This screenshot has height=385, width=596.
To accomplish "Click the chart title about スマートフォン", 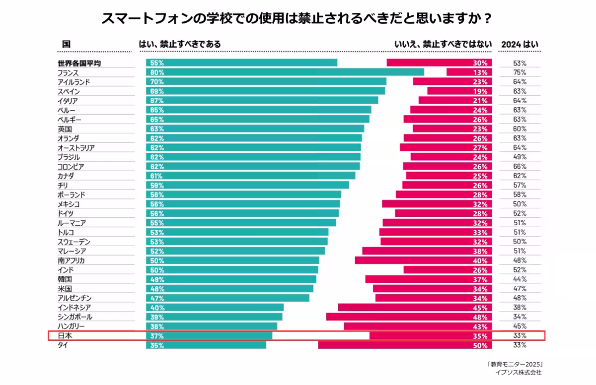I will [x=297, y=19].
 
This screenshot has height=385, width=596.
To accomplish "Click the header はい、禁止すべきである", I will [x=180, y=44].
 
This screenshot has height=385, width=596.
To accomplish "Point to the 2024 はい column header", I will [x=520, y=44].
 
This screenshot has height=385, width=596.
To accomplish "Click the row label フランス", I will [x=68, y=72].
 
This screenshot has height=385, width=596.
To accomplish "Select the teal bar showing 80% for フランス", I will [x=285, y=72].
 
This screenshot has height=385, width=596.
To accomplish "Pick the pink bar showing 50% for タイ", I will [x=405, y=345].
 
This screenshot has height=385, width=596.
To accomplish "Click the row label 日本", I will [x=65, y=336].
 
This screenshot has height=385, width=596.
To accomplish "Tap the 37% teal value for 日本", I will [x=157, y=336].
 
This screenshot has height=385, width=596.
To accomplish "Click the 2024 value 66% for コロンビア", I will [x=520, y=167].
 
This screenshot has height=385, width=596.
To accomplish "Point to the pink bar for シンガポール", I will [x=409, y=317].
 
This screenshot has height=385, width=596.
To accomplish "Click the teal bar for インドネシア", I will [x=215, y=308].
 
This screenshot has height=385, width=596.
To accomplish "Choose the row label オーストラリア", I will [x=76, y=148].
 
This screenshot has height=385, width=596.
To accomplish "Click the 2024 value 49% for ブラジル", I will [x=520, y=157].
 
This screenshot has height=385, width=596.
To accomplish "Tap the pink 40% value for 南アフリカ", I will [x=480, y=260].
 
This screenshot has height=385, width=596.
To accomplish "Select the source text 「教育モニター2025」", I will [x=515, y=364].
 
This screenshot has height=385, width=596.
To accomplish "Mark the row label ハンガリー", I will [x=71, y=326].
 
